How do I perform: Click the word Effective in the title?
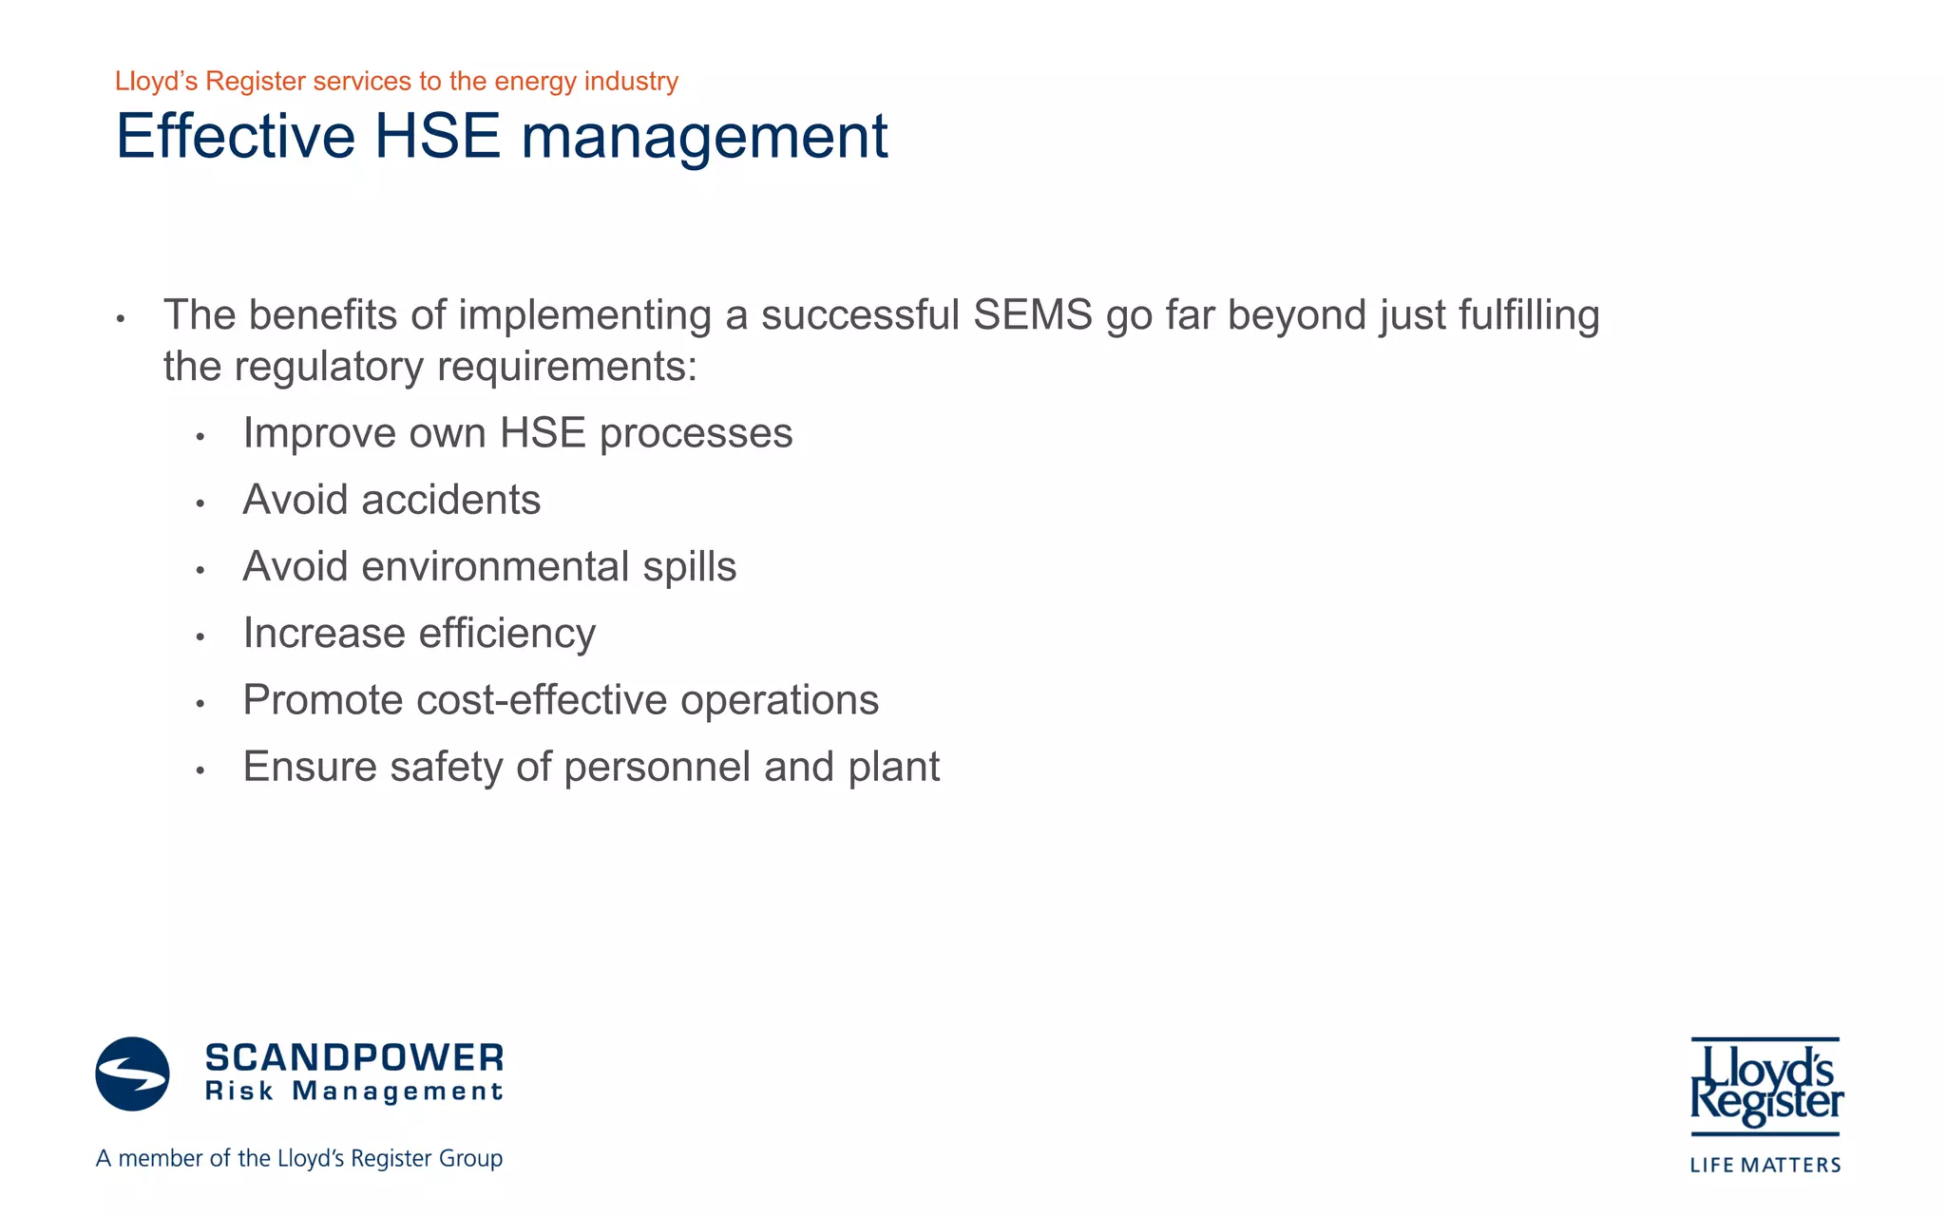[235, 137]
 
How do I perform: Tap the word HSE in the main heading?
[437, 137]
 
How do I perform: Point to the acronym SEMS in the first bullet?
[1033, 315]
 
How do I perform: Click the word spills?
[689, 567]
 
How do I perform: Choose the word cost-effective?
[542, 700]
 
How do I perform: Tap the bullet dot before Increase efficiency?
[200, 636]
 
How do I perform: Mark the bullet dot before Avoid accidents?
[200, 503]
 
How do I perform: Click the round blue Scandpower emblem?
[133, 1073]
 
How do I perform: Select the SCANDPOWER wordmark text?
[354, 1057]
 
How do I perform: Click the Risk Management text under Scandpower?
[354, 1092]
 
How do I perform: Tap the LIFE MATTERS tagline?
[1765, 1165]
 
